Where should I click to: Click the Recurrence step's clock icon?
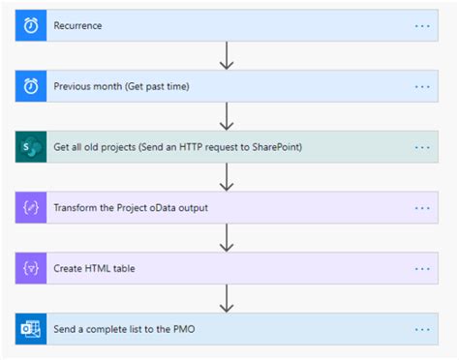[31, 25]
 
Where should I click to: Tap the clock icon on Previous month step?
[31, 86]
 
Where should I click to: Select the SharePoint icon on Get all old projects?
[31, 147]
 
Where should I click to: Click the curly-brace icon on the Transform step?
[31, 207]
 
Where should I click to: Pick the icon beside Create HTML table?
[31, 268]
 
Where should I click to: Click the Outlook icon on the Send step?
[31, 329]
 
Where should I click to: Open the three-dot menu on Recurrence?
[422, 26]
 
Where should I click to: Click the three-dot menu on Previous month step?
[422, 86]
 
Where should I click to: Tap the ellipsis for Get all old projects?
[422, 147]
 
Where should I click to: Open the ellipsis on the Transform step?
[422, 207]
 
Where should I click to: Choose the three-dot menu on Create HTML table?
[422, 268]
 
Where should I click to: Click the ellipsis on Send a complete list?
[422, 329]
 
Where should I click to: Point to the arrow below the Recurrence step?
[228, 56]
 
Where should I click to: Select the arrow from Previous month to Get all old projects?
[228, 116]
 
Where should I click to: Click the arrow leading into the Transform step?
[228, 177]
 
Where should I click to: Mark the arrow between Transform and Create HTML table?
[228, 238]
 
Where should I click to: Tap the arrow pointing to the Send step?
[228, 298]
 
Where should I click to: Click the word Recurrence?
[78, 26]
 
